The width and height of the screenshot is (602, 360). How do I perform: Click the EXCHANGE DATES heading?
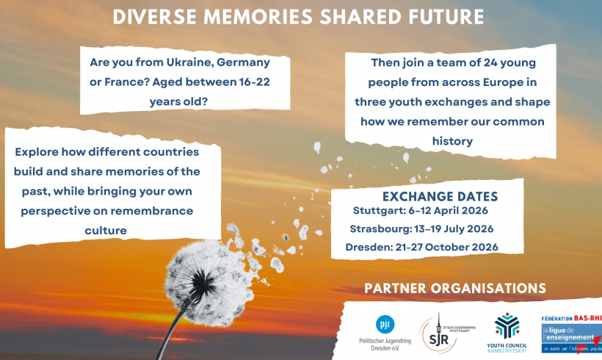point(440,197)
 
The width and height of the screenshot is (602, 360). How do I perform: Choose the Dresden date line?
point(421,247)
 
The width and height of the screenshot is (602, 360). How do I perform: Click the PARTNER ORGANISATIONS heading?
point(454,288)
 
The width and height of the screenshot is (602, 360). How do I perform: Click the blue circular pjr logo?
point(384,324)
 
